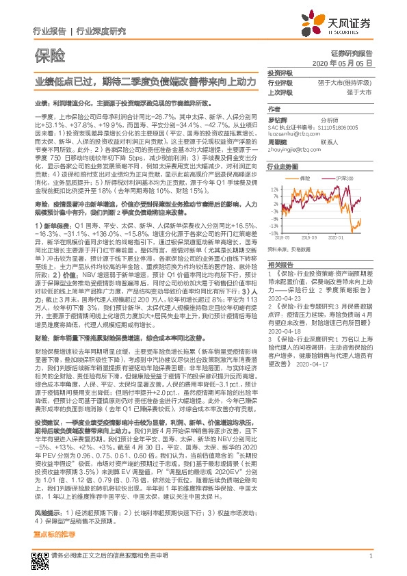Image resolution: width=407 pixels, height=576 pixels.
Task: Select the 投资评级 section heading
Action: (x=280, y=73)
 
